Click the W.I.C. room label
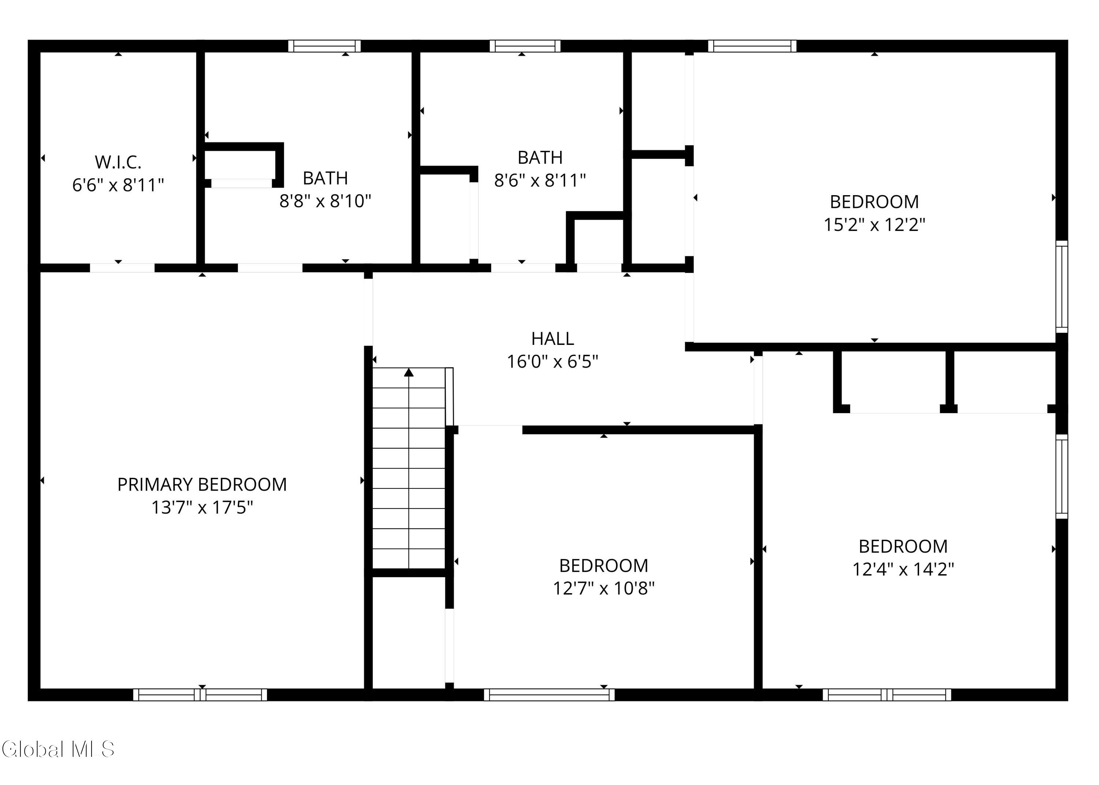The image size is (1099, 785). [x=118, y=163]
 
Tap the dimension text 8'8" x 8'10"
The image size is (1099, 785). [x=325, y=201]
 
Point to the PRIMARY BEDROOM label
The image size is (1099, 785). [x=202, y=484]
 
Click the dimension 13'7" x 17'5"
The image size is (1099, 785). [x=202, y=507]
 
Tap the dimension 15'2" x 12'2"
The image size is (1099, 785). [x=874, y=225]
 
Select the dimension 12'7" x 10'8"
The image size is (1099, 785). [x=603, y=588]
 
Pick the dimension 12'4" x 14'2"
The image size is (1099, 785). [x=903, y=569]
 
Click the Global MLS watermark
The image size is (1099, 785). [x=58, y=749]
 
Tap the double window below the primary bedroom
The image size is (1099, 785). [x=200, y=695]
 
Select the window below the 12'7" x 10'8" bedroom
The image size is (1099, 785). [x=549, y=695]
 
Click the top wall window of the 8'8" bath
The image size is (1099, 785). [x=325, y=46]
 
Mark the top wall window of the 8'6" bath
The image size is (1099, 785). [x=525, y=46]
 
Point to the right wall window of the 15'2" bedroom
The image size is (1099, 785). [x=1061, y=287]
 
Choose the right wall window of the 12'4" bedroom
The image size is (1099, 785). [x=1061, y=476]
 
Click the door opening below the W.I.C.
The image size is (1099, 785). [x=122, y=268]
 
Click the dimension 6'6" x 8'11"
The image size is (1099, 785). [x=118, y=185]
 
